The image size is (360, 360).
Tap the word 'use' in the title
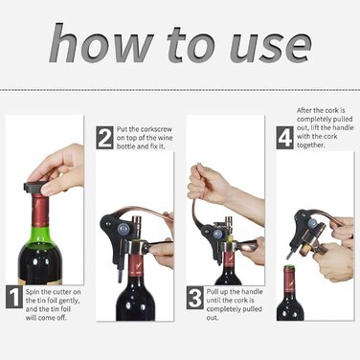(x=271, y=47)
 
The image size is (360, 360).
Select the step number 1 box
(x=14, y=297)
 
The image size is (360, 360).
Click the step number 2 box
(x=104, y=138)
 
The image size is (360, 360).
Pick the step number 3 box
(x=195, y=298)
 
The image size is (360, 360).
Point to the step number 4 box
(x=284, y=138)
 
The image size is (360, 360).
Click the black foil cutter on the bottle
(x=34, y=188)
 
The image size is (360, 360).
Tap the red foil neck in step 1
(x=40, y=211)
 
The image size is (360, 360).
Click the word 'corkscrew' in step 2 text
(x=156, y=129)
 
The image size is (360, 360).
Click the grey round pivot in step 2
(x=124, y=229)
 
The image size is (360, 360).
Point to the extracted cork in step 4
(x=304, y=251)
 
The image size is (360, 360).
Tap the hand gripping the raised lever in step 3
(x=208, y=185)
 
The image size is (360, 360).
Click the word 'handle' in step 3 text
(x=252, y=292)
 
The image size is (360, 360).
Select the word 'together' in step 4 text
(x=311, y=146)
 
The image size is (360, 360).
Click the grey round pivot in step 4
(x=312, y=223)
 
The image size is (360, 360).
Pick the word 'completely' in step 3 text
(x=223, y=309)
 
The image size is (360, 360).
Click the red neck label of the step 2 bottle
(x=136, y=265)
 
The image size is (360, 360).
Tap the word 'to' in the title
(x=191, y=46)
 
